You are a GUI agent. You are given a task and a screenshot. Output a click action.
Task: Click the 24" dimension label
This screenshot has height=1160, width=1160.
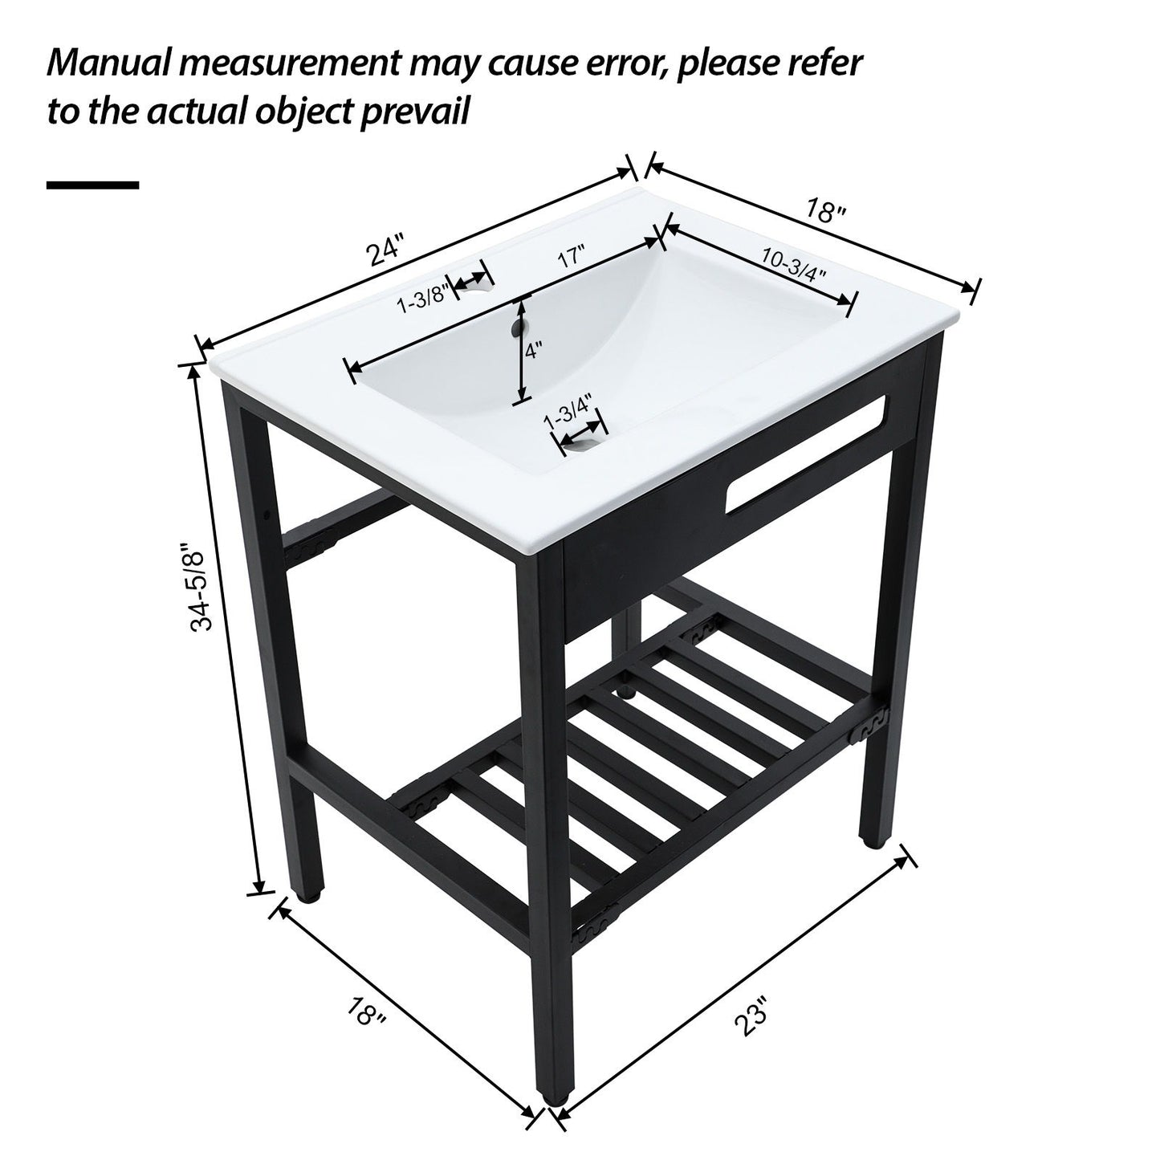384,250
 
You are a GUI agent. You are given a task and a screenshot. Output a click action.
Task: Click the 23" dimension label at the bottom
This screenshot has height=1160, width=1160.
752,1016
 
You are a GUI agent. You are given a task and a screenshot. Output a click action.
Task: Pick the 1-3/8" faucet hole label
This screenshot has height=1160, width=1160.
421,299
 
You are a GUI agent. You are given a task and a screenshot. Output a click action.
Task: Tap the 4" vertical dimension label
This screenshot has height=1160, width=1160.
534,351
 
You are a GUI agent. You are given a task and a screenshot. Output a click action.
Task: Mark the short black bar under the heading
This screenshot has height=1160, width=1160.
92,185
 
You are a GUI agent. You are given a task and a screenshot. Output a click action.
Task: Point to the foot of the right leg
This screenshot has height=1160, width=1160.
873,841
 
